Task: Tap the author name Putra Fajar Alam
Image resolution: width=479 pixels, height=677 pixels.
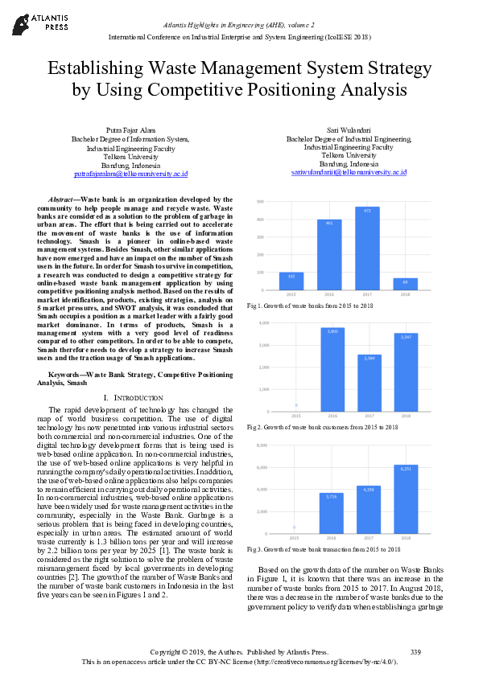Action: (x=130, y=130)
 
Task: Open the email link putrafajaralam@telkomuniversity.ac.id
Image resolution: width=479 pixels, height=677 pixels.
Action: (x=130, y=173)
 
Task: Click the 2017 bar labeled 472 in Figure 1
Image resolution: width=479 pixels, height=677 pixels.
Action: (x=366, y=249)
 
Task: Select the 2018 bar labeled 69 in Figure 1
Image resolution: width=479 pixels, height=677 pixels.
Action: (x=405, y=285)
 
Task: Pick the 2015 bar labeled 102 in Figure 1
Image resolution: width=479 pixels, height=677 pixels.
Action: (x=291, y=281)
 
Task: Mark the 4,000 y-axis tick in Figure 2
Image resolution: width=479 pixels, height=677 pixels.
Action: (x=262, y=322)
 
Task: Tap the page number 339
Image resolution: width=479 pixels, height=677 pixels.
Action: (x=415, y=650)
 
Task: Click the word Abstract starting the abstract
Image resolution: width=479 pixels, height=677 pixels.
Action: (x=62, y=199)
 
